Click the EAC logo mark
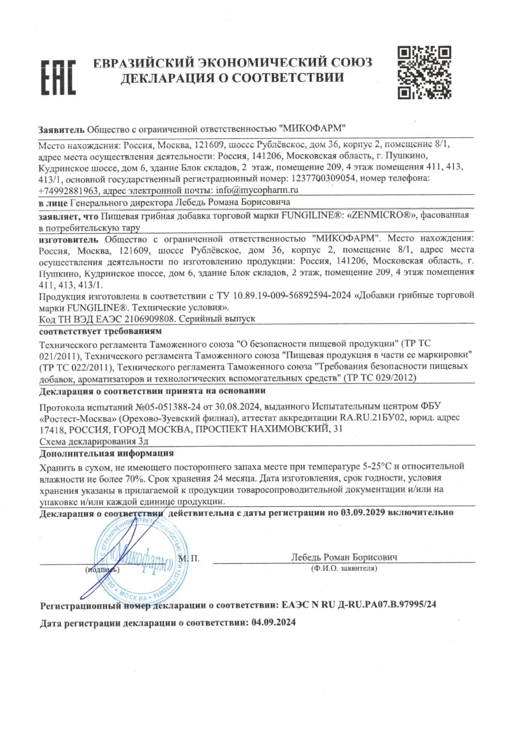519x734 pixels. tap(58, 77)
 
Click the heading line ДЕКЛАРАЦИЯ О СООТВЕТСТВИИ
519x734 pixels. tap(232, 78)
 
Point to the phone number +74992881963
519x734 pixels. tap(68, 190)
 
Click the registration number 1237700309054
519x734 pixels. tap(323, 179)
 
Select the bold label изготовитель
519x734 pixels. tap(68, 239)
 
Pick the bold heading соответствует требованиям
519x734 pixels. tap(100, 331)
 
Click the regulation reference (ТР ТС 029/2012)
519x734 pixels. tap(380, 378)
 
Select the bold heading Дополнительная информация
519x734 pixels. tap(107, 453)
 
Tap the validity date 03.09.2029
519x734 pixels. tap(362, 512)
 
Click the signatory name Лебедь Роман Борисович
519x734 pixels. tap(344, 557)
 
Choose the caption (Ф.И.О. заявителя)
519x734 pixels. tap(344, 569)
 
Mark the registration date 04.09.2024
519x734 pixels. tap(273, 622)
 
